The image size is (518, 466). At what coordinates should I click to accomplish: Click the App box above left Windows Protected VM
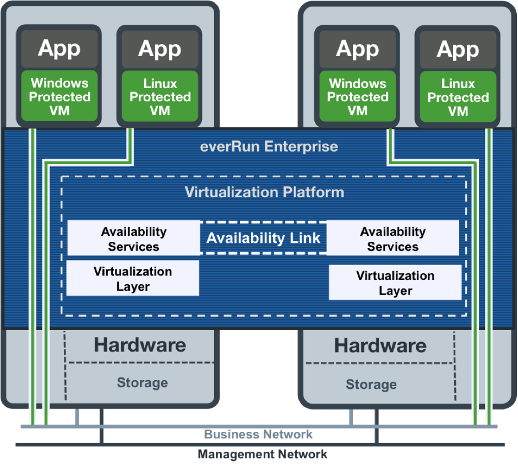pyautogui.click(x=59, y=49)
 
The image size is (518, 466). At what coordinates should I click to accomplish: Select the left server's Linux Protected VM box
pyautogui.click(x=160, y=97)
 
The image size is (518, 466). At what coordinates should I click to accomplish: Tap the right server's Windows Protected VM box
pyautogui.click(x=358, y=97)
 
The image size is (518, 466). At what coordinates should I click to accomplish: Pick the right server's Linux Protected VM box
pyautogui.click(x=458, y=97)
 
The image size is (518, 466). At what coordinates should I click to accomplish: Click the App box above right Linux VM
pyautogui.click(x=458, y=50)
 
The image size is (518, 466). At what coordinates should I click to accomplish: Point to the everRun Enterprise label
pyautogui.click(x=269, y=147)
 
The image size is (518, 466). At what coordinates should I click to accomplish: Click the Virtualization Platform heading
pyautogui.click(x=264, y=192)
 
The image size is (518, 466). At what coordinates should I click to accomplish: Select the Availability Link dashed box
pyautogui.click(x=264, y=239)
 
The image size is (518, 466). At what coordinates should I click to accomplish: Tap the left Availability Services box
pyautogui.click(x=133, y=239)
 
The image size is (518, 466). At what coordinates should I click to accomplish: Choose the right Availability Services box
pyautogui.click(x=392, y=239)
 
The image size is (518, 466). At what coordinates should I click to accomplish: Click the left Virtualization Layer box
pyautogui.click(x=133, y=279)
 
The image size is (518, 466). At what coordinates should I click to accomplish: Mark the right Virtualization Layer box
pyautogui.click(x=395, y=283)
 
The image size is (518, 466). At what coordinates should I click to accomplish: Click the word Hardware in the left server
pyautogui.click(x=140, y=345)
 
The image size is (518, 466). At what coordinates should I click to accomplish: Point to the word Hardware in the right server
pyautogui.click(x=380, y=346)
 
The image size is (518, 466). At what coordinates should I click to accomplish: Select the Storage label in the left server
pyautogui.click(x=142, y=382)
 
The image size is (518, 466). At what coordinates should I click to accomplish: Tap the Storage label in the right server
pyautogui.click(x=371, y=384)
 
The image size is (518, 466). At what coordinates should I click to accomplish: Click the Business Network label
pyautogui.click(x=259, y=434)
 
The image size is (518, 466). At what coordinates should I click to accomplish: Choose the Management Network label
pyautogui.click(x=263, y=454)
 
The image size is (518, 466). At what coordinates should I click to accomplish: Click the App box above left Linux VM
pyautogui.click(x=160, y=49)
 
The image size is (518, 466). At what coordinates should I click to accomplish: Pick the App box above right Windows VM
pyautogui.click(x=358, y=50)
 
